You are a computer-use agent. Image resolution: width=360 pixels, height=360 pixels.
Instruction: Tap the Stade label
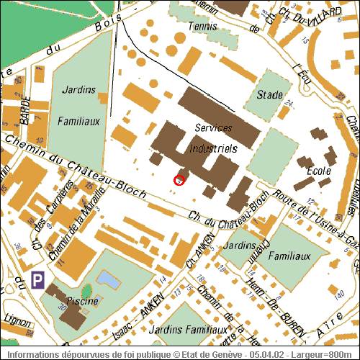click(269, 94)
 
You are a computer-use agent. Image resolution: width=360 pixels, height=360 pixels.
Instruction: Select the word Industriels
click(212, 148)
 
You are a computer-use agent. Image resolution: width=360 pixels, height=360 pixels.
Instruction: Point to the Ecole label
click(318, 171)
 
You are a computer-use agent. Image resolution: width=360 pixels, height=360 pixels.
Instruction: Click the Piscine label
click(82, 301)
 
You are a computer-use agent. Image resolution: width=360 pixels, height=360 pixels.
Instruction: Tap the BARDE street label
click(25, 109)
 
